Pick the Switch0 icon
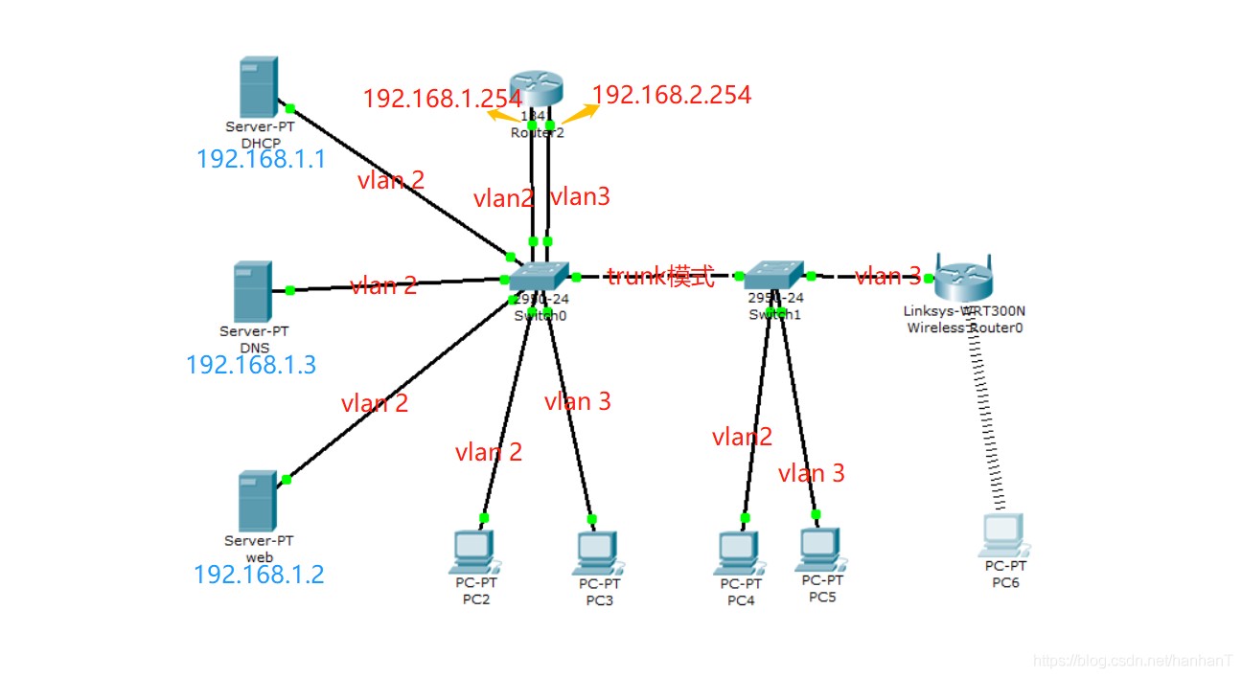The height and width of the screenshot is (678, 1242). (x=539, y=278)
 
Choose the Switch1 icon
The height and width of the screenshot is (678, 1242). (x=775, y=275)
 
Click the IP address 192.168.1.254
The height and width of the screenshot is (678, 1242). (x=442, y=98)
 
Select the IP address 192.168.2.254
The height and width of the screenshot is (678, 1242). (x=672, y=94)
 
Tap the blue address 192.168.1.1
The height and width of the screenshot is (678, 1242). (x=261, y=159)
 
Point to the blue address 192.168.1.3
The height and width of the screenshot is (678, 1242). (x=251, y=365)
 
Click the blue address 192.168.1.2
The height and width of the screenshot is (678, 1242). (x=259, y=575)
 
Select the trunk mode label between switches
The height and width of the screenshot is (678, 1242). (x=660, y=277)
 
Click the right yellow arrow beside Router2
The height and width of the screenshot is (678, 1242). (x=580, y=113)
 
